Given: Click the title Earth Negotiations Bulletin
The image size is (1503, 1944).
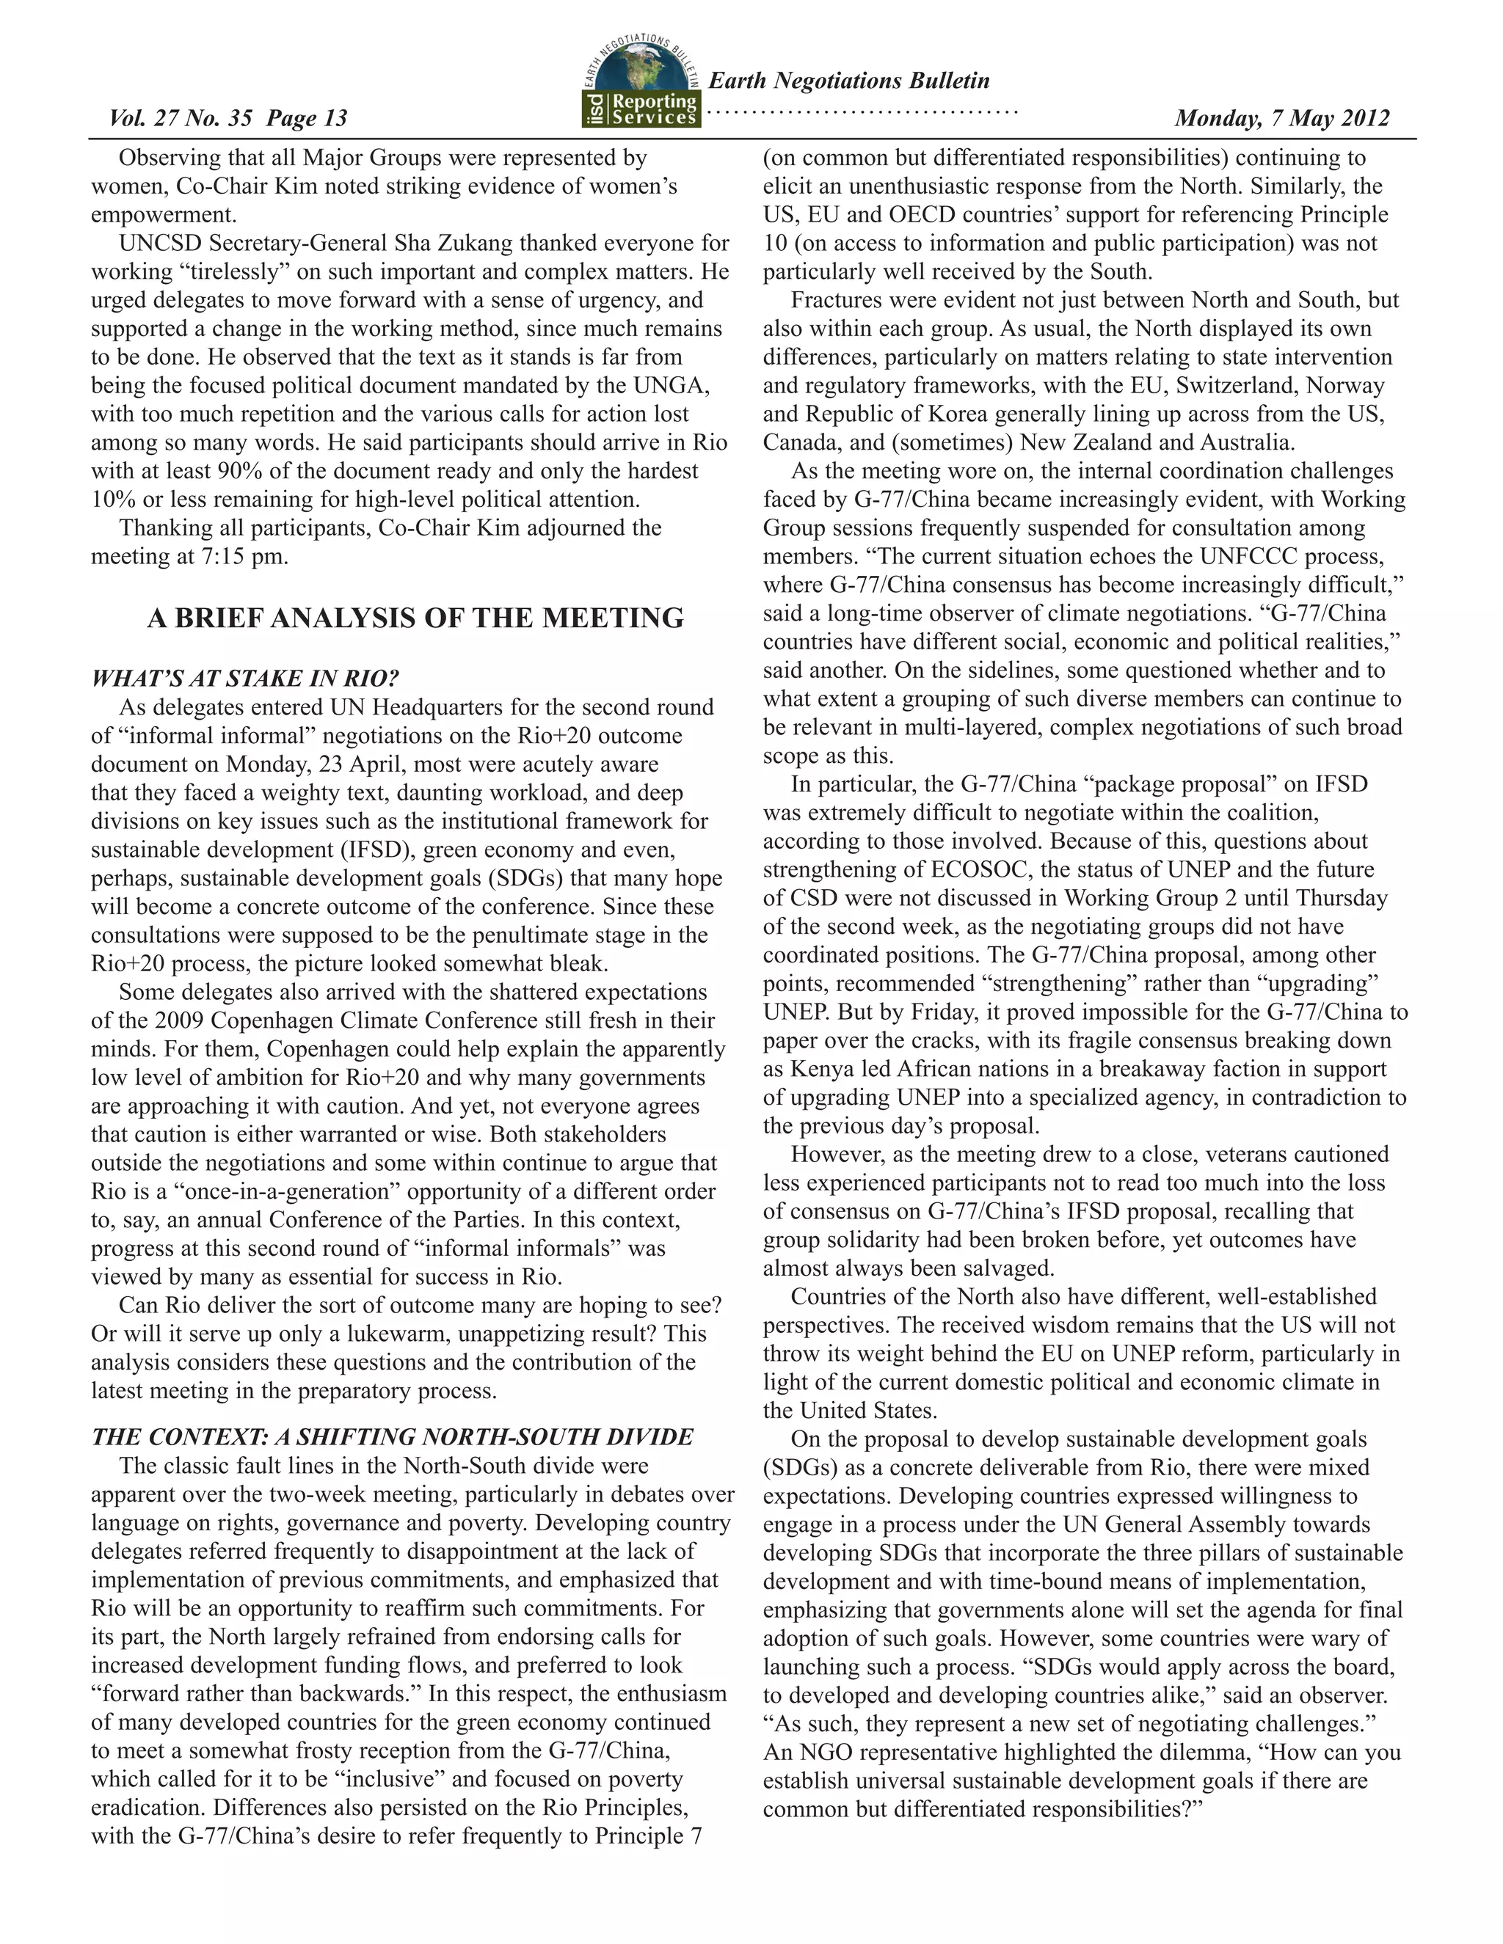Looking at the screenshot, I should tap(848, 81).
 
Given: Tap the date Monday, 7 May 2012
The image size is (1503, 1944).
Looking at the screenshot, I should tap(1281, 118).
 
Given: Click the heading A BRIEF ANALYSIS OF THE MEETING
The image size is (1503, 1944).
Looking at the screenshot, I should tap(415, 618).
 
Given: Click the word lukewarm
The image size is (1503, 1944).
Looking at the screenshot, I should tap(343, 1334).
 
